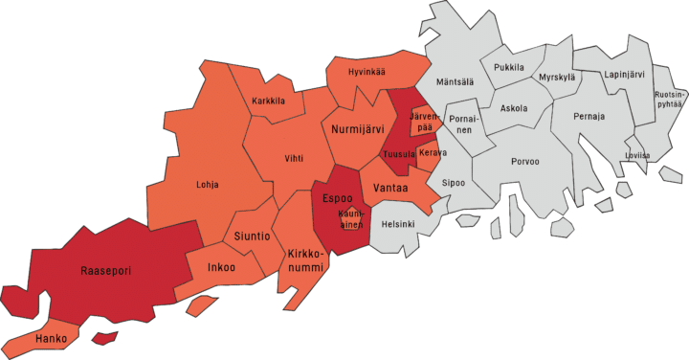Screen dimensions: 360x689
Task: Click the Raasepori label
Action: pyautogui.click(x=104, y=271)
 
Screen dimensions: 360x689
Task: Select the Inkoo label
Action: pyautogui.click(x=222, y=267)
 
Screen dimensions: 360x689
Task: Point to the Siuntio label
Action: pyautogui.click(x=253, y=236)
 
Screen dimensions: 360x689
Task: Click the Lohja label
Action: pyautogui.click(x=206, y=185)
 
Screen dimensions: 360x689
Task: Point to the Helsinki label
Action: pyautogui.click(x=398, y=224)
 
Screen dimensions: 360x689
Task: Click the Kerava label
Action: pyautogui.click(x=433, y=153)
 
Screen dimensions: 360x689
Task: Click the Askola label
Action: pyautogui.click(x=514, y=108)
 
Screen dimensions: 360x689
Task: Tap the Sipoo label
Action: pyautogui.click(x=453, y=182)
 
